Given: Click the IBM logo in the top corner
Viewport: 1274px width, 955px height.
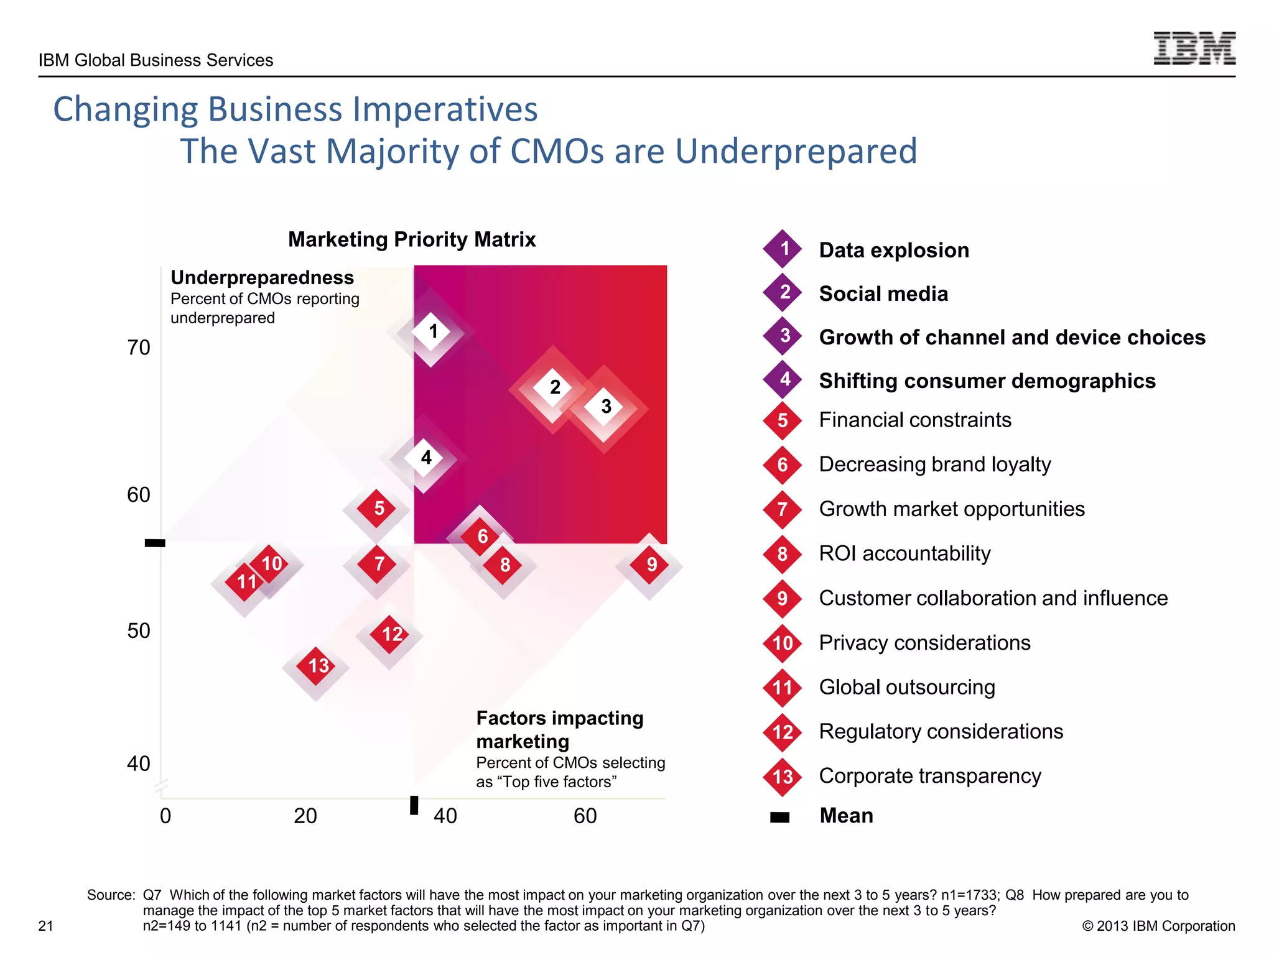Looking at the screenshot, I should point(1194,48).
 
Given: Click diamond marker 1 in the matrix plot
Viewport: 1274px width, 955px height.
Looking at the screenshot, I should point(432,331).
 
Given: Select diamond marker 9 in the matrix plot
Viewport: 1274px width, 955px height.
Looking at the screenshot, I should point(651,565).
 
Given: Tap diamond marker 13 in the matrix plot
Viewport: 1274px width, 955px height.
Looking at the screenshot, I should point(317,666).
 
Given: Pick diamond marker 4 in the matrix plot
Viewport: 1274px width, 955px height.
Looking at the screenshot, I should point(425,458).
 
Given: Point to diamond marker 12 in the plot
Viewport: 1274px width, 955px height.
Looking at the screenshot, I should point(391,634).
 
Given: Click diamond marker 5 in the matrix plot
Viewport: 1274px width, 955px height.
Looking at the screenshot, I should point(378,508).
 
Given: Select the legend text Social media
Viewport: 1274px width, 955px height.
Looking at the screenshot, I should point(883,293).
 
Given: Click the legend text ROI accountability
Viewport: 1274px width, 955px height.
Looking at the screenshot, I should point(904,553).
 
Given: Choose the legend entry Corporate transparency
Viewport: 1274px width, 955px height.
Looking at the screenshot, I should point(929,776).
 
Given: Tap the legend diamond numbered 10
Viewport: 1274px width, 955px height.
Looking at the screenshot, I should point(783,643).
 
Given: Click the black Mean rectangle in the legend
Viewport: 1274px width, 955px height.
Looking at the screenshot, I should point(779,817).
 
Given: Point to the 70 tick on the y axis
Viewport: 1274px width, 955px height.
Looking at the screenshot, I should point(139,348).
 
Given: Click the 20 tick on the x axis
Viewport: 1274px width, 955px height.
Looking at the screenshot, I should point(305,816).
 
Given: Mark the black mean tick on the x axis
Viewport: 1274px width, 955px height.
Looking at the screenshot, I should point(414,805).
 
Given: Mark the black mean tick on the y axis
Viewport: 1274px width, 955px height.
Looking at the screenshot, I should point(155,543).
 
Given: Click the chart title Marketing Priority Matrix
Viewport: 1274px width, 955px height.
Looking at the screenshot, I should point(412,239).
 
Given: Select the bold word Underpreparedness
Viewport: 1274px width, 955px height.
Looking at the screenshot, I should point(262,277).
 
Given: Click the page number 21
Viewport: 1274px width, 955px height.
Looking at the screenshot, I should point(45,926).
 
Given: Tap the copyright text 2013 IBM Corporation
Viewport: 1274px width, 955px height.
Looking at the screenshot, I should point(1158,926).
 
